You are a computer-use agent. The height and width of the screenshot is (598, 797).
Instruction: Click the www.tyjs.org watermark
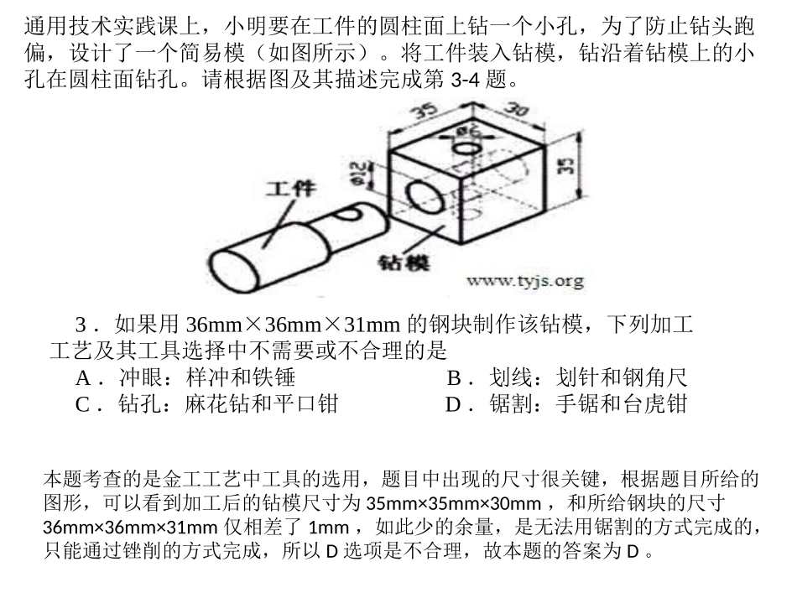[524, 281]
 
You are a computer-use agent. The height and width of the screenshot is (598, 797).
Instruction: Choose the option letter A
[82, 378]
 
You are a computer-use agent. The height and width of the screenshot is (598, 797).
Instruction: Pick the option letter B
[454, 378]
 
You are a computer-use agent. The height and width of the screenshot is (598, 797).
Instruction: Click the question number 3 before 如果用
[81, 325]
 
